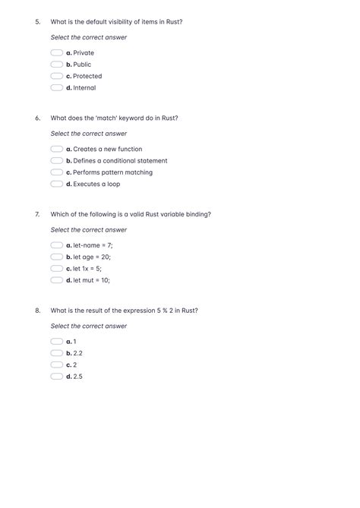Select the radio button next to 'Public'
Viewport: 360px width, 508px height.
pyautogui.click(x=57, y=65)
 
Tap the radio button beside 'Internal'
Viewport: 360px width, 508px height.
pyautogui.click(x=57, y=87)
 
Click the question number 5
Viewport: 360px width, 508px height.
pyautogui.click(x=37, y=22)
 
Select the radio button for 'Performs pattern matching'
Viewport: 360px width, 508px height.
pyautogui.click(x=57, y=172)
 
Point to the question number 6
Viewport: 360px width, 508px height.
pyautogui.click(x=37, y=118)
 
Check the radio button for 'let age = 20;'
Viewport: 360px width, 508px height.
pyautogui.click(x=57, y=257)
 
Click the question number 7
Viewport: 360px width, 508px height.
pyautogui.click(x=37, y=214)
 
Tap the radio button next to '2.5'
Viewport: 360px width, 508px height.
pyautogui.click(x=57, y=376)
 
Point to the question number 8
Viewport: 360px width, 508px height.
pyautogui.click(x=37, y=311)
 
